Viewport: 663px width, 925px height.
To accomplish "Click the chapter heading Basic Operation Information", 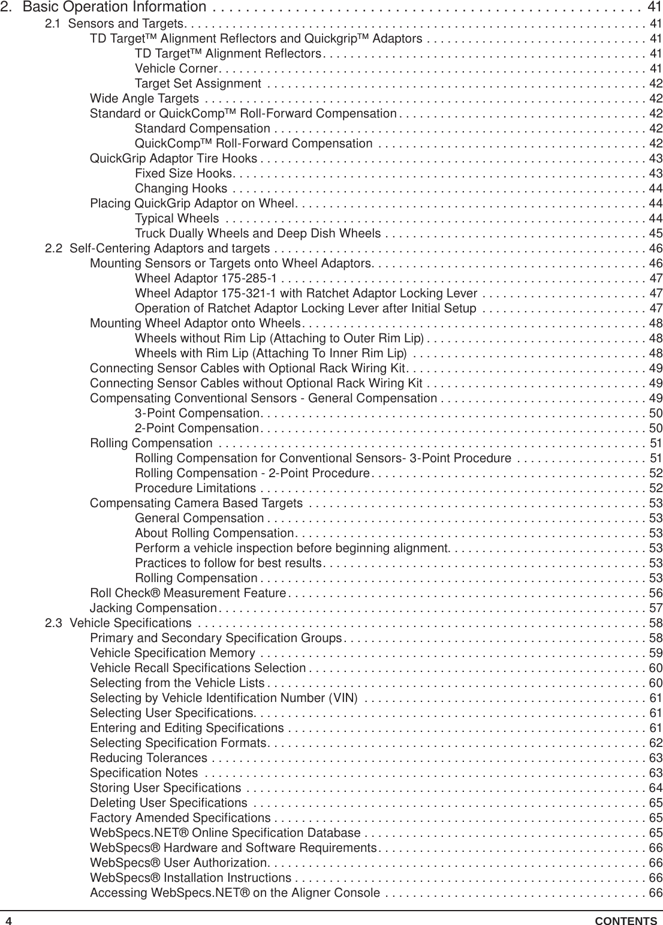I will pyautogui.click(x=114, y=8).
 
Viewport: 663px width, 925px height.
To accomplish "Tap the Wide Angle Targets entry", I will pyautogui.click(x=144, y=98).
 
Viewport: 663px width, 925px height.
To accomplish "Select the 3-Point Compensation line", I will pyautogui.click(x=197, y=413).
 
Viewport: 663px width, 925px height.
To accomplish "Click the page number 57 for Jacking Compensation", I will pyautogui.click(x=656, y=608).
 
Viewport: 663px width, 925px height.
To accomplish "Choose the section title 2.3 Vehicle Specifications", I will pyautogui.click(x=119, y=623).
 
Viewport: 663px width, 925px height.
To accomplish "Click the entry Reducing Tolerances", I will pyautogui.click(x=149, y=758).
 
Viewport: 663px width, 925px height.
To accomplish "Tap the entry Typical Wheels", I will pyautogui.click(x=177, y=218).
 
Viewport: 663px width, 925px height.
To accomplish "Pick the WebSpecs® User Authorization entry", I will pyautogui.click(x=177, y=863).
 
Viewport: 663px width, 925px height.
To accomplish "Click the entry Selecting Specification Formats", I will pyautogui.click(x=177, y=743).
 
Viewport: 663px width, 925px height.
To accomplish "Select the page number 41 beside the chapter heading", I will pyautogui.click(x=655, y=8).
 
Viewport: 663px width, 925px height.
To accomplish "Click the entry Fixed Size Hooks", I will pyautogui.click(x=182, y=173).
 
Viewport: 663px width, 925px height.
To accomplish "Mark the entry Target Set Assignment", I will pyautogui.click(x=189, y=83).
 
